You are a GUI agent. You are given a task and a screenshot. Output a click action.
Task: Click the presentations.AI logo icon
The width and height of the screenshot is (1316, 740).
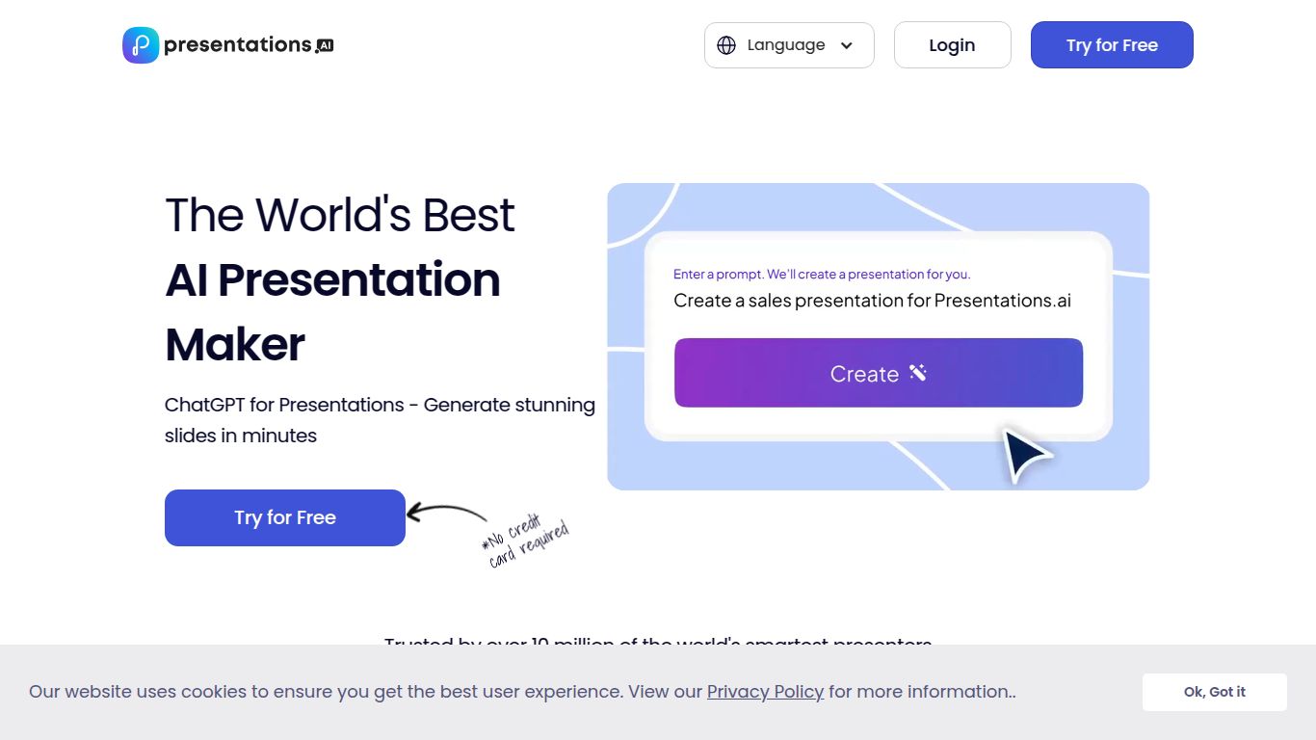coord(141,45)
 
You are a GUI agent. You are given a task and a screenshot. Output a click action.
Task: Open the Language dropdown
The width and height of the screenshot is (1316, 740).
coord(789,45)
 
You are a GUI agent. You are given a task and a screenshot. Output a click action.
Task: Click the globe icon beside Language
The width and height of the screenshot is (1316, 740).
coord(726,45)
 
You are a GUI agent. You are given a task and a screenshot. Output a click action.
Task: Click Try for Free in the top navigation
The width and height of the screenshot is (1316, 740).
coord(1112,45)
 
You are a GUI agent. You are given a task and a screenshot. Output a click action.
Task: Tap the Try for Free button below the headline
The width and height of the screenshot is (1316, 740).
coord(285,517)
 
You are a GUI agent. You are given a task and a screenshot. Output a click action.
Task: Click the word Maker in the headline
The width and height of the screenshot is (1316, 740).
coord(235,344)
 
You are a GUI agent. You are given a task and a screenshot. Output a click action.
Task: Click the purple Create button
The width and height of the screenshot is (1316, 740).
coord(879,373)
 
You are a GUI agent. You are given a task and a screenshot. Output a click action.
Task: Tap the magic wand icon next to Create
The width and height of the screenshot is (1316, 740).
coord(918,373)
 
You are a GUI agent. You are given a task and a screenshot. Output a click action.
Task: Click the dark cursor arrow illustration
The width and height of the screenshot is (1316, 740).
coord(1025,455)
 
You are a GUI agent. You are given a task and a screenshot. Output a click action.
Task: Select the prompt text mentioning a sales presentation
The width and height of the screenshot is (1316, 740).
coord(872,301)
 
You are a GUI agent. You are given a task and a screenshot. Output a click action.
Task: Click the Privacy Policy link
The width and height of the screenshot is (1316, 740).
coord(765,692)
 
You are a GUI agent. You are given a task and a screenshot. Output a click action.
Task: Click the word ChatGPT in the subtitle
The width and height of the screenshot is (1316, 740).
coord(203,405)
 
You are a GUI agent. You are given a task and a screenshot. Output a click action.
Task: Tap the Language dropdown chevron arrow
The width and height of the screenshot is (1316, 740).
coord(847,45)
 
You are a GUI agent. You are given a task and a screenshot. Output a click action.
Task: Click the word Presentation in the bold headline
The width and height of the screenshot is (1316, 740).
coord(358,279)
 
